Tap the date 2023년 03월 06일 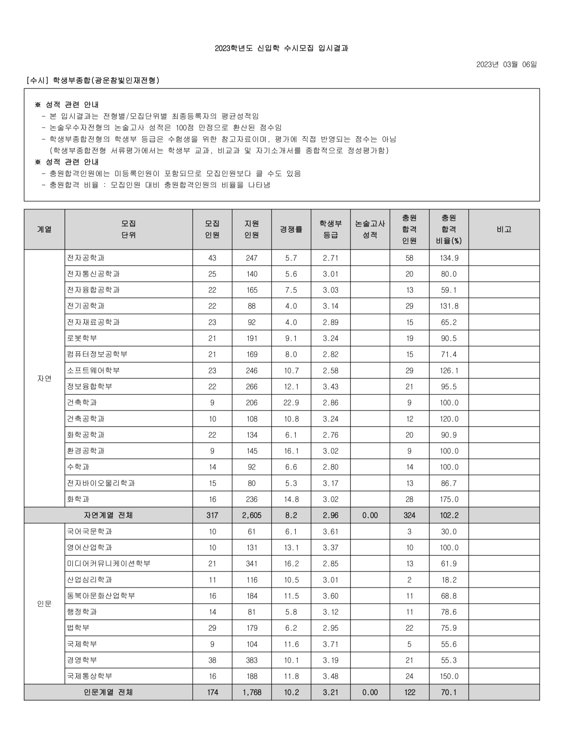click(506, 65)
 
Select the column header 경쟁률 click(291, 229)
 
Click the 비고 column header click(504, 229)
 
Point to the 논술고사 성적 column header click(370, 229)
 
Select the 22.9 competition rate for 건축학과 click(291, 403)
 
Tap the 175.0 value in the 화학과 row click(449, 499)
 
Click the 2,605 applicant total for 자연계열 click(251, 515)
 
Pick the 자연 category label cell click(44, 378)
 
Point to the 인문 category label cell click(44, 604)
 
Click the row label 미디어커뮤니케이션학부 click(109, 563)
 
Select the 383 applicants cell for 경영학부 click(251, 660)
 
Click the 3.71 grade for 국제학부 click(330, 644)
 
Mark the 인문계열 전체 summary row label click(108, 692)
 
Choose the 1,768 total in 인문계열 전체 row click(251, 692)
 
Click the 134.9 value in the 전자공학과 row click(449, 258)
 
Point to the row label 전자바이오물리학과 click(101, 483)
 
